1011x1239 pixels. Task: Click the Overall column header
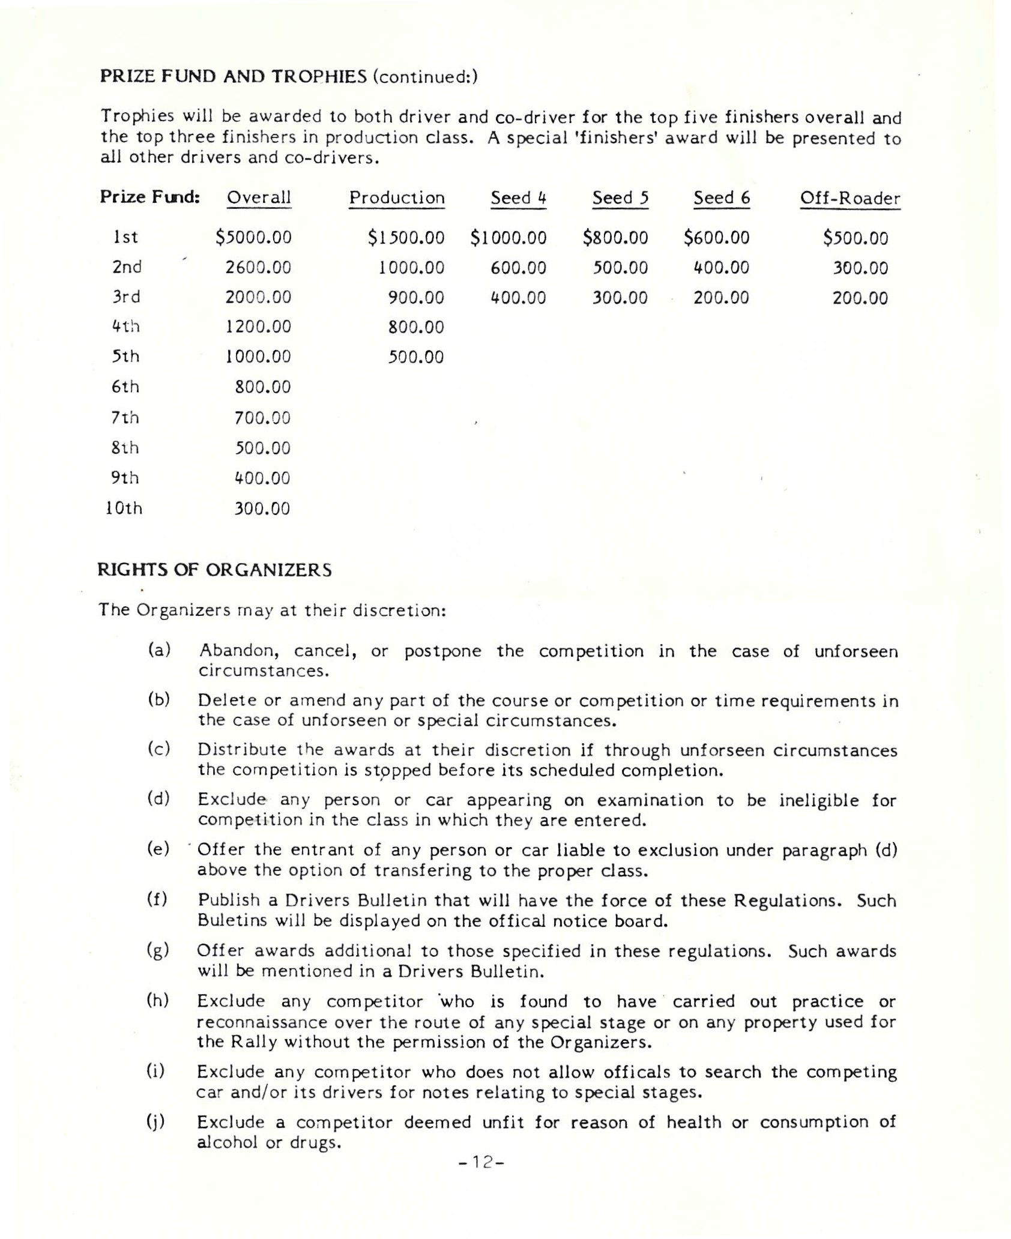tap(259, 197)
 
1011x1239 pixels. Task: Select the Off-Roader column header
tap(850, 199)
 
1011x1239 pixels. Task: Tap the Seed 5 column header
tap(620, 198)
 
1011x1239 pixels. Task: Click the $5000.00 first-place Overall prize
tap(253, 238)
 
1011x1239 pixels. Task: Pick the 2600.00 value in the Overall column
tap(258, 267)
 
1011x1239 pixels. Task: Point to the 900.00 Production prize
tap(416, 298)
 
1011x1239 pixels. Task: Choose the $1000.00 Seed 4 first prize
tap(509, 238)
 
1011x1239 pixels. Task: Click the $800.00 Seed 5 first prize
tap(615, 238)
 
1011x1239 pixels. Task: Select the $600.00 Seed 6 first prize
tap(716, 238)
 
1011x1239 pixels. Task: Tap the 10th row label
tap(124, 508)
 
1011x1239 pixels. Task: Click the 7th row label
tap(125, 417)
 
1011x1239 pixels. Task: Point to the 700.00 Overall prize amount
tap(262, 418)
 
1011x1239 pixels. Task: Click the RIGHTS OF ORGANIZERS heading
tap(214, 570)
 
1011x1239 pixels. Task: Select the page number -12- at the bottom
tap(481, 1162)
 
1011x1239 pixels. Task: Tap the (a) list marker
tap(159, 650)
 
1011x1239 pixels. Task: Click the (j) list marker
tap(157, 1121)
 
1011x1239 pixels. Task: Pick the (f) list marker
tap(157, 899)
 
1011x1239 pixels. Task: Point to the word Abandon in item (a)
tap(235, 651)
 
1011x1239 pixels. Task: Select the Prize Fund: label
tap(149, 197)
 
